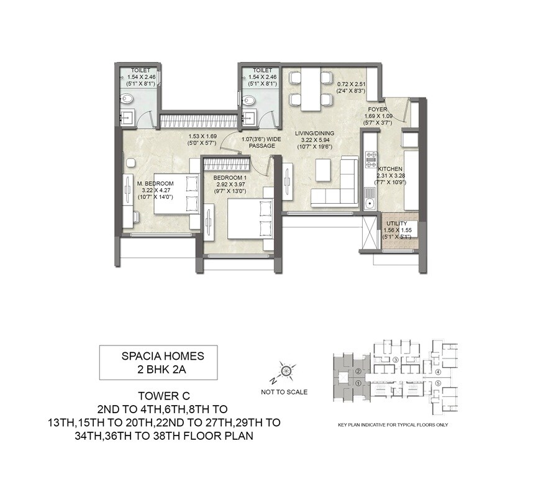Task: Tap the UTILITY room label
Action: (396, 223)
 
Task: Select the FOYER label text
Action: (376, 109)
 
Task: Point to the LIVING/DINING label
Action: (314, 132)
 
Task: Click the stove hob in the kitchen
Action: (371, 161)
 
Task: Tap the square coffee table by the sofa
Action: (322, 168)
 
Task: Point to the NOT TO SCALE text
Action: (284, 392)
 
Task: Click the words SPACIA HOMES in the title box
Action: (158, 357)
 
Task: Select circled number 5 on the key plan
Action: (438, 383)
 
